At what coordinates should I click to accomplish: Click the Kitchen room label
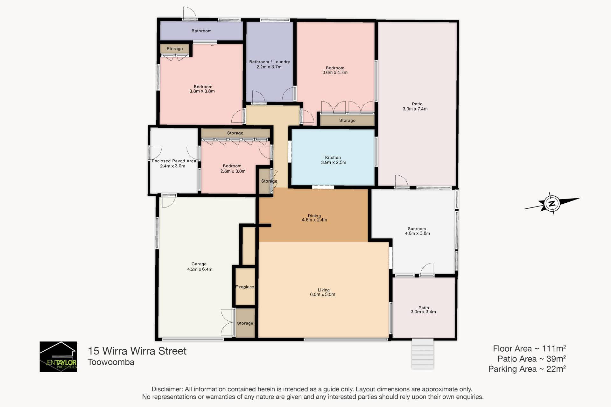(333, 158)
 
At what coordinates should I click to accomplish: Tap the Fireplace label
(245, 287)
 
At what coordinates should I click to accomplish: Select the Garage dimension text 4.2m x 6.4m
(200, 269)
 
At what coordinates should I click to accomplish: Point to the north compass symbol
(552, 203)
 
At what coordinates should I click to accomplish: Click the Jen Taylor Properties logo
(58, 357)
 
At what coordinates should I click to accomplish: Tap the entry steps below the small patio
(423, 354)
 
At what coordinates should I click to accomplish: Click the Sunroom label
(417, 229)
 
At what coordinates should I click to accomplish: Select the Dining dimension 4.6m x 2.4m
(314, 220)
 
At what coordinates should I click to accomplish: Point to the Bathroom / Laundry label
(270, 62)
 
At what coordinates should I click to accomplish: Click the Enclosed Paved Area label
(174, 161)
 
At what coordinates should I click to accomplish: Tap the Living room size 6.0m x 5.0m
(323, 295)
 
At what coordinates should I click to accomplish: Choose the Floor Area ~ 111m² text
(529, 348)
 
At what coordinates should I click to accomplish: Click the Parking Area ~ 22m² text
(527, 369)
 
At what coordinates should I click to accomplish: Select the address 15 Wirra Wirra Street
(137, 351)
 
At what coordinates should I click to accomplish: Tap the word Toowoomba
(111, 362)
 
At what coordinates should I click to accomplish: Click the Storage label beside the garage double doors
(245, 323)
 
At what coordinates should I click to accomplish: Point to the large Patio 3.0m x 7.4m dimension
(415, 109)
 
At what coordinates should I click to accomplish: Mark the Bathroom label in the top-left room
(201, 31)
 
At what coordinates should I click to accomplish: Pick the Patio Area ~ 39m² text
(531, 359)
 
